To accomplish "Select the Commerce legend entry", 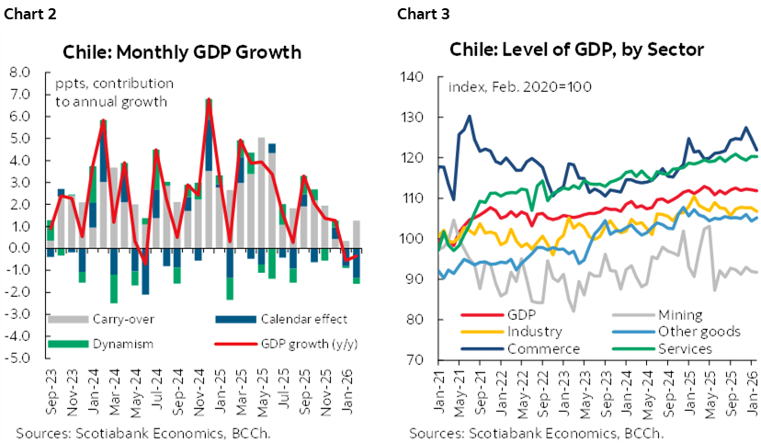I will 542,348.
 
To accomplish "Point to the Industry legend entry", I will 539,331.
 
